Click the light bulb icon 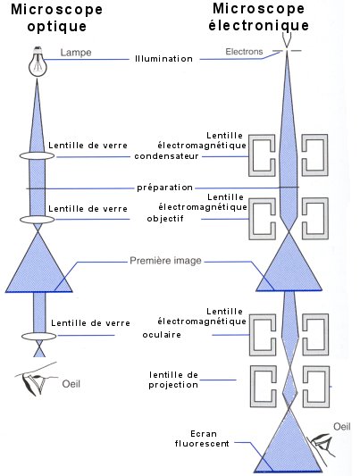pyautogui.click(x=38, y=62)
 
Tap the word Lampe pyautogui.click(x=76, y=52)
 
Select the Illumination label pyautogui.click(x=163, y=59)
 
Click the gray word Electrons pyautogui.click(x=244, y=52)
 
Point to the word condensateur pyautogui.click(x=166, y=156)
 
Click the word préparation pyautogui.click(x=165, y=188)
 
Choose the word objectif pyautogui.click(x=165, y=219)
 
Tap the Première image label pyautogui.click(x=166, y=261)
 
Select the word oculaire pyautogui.click(x=162, y=335)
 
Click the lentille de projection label pyautogui.click(x=173, y=380)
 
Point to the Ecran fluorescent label pyautogui.click(x=202, y=438)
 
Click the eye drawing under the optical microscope pyautogui.click(x=35, y=380)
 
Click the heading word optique pyautogui.click(x=57, y=26)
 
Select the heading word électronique pyautogui.click(x=259, y=25)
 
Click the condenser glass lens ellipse pyautogui.click(x=37, y=155)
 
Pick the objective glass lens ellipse pyautogui.click(x=37, y=219)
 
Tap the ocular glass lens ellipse pyautogui.click(x=38, y=336)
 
